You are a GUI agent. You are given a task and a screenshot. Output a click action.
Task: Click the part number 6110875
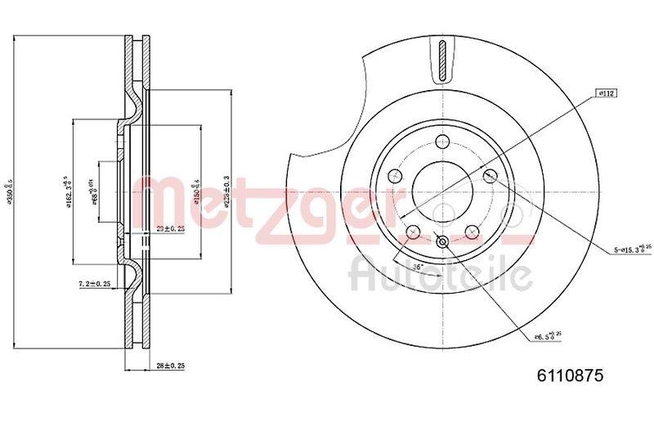tap(569, 375)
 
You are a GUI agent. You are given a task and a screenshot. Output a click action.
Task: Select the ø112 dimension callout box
tap(606, 94)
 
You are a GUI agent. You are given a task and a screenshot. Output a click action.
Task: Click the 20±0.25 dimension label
tap(169, 229)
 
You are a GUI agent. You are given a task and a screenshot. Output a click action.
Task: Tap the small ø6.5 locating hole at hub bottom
tap(442, 241)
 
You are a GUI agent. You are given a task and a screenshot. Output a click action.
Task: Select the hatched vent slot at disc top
tap(442, 61)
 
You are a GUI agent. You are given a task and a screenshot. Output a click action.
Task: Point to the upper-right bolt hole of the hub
tap(491, 175)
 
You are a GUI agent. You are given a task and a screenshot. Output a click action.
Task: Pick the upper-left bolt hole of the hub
tap(393, 175)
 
